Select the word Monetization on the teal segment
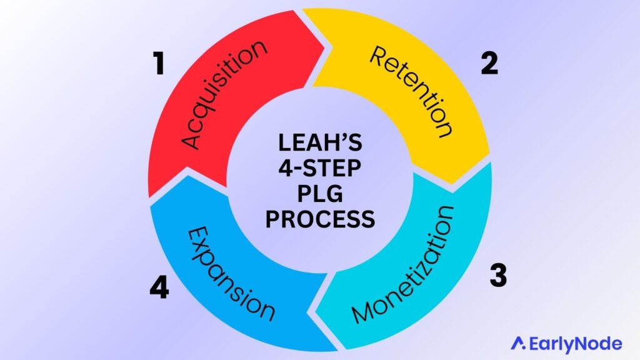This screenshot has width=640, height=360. (403, 262)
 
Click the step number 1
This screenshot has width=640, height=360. (159, 64)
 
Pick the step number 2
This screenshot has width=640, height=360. (489, 64)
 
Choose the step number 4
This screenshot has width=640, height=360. (159, 289)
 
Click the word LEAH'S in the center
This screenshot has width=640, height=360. (319, 144)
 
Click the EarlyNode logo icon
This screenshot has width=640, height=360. (517, 342)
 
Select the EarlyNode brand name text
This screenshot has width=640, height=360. (574, 343)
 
